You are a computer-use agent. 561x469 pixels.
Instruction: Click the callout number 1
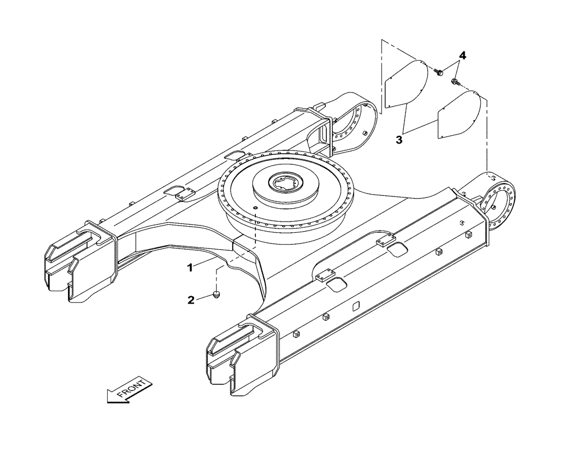point(190,268)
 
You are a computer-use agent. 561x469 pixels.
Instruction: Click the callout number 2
point(191,300)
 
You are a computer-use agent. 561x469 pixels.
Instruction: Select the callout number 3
point(399,140)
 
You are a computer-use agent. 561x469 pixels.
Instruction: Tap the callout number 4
point(462,55)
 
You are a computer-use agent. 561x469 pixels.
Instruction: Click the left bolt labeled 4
point(439,71)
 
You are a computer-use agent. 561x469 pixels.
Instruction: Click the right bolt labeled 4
point(454,82)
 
